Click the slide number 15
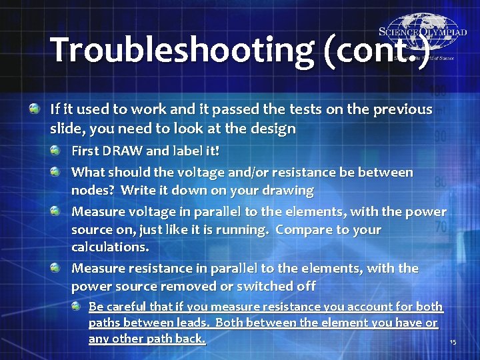click(x=453, y=342)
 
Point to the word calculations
click(x=110, y=247)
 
